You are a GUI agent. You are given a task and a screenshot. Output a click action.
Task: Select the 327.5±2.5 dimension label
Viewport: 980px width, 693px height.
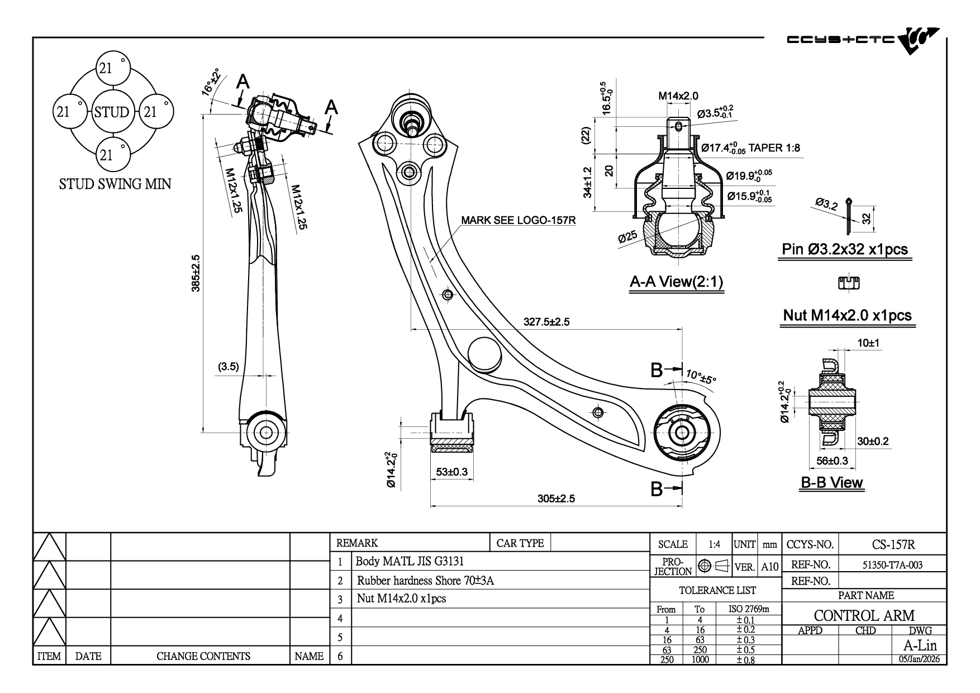pyautogui.click(x=546, y=322)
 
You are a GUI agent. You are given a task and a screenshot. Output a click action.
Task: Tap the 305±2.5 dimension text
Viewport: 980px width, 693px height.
pyautogui.click(x=555, y=499)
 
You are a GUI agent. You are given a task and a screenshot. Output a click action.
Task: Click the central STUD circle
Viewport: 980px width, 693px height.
pyautogui.click(x=112, y=112)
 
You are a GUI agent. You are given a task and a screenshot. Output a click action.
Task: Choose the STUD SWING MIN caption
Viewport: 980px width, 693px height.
pyautogui.click(x=115, y=184)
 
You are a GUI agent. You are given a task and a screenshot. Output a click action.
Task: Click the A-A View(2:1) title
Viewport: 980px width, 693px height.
pyautogui.click(x=676, y=282)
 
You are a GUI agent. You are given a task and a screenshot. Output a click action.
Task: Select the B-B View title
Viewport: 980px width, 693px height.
pyautogui.click(x=832, y=482)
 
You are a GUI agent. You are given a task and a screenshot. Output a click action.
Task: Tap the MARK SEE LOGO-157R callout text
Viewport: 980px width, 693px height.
pyautogui.click(x=518, y=220)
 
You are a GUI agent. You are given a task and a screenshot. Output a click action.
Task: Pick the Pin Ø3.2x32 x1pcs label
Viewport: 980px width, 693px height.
pyautogui.click(x=844, y=249)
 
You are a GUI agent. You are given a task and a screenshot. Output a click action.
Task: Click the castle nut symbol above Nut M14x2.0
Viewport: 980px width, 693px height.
pyautogui.click(x=848, y=283)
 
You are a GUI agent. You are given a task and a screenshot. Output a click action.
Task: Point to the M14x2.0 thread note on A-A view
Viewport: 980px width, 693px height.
pyautogui.click(x=678, y=96)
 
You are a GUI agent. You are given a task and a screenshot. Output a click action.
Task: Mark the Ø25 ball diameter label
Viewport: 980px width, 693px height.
pyautogui.click(x=627, y=238)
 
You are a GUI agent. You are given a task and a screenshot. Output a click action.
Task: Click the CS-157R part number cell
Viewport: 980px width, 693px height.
pyautogui.click(x=893, y=544)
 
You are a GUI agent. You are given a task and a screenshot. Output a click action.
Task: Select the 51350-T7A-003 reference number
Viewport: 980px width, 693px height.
pyautogui.click(x=892, y=565)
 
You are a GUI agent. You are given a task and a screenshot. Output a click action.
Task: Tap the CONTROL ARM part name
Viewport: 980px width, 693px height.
pyautogui.click(x=864, y=615)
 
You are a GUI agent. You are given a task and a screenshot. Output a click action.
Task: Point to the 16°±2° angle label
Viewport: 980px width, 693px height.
pyautogui.click(x=211, y=84)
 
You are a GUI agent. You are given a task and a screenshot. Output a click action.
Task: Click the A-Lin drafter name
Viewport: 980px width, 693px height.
pyautogui.click(x=920, y=645)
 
